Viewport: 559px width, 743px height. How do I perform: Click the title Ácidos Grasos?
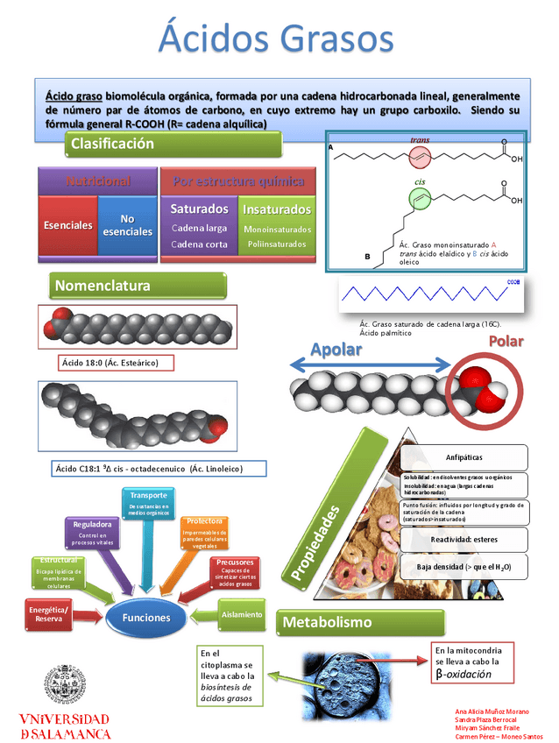tap(277, 39)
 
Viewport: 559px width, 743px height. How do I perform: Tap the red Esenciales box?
tap(68, 225)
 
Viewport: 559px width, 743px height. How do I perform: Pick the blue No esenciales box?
tap(127, 225)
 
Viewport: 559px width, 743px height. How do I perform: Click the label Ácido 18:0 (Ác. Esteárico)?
tap(117, 362)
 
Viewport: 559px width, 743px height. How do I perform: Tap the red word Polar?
tap(506, 341)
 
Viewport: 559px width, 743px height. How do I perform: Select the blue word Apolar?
tap(336, 349)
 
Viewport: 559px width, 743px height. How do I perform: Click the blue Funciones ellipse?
tap(146, 617)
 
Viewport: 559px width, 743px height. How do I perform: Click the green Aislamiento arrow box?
tap(240, 614)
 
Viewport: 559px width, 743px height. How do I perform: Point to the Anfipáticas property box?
tap(463, 457)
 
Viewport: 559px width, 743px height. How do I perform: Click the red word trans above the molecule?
tap(420, 140)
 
